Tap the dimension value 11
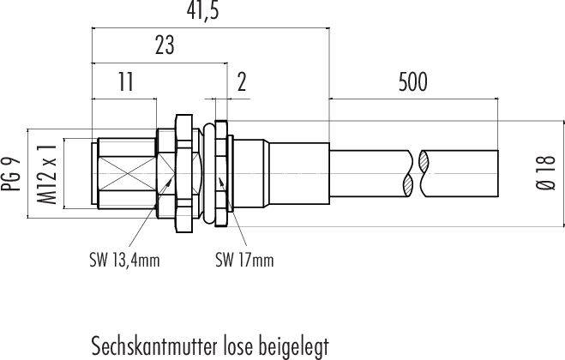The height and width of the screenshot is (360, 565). coord(125,82)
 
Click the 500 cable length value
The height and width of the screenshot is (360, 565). coord(412,82)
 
